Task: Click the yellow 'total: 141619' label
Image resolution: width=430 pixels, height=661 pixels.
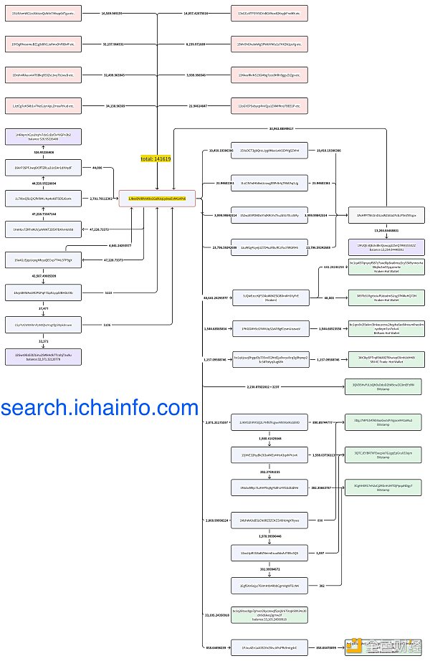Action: pos(155,158)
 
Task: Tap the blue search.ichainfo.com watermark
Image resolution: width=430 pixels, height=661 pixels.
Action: pos(100,408)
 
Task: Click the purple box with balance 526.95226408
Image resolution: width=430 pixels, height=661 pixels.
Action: pos(44,137)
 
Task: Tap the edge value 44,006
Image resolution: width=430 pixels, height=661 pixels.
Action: pos(97,167)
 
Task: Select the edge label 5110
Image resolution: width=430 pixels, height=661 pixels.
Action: pos(107,293)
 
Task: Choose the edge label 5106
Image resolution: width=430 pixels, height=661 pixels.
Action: pos(107,324)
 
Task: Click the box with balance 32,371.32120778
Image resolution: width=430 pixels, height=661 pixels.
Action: pos(44,356)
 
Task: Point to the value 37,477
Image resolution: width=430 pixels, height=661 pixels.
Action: pos(44,308)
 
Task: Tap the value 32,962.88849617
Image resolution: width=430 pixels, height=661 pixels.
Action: pos(282,128)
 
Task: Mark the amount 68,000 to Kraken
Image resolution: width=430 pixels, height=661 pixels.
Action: pos(329,298)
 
